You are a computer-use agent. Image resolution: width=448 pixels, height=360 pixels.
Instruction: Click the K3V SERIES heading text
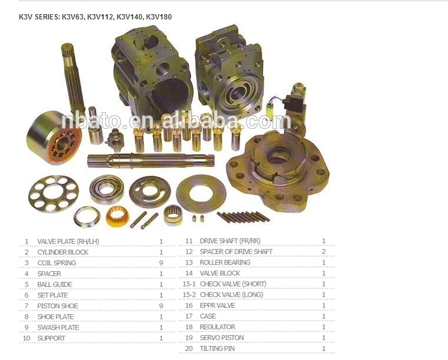96,17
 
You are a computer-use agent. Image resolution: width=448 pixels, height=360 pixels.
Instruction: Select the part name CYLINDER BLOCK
62,252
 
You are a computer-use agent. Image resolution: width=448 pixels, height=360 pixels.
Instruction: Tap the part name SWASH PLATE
58,328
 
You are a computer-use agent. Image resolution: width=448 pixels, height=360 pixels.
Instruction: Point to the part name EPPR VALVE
217,305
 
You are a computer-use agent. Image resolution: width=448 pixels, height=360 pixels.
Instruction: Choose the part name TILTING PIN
218,349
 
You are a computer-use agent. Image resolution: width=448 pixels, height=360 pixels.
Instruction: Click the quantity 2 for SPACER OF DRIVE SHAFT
324,252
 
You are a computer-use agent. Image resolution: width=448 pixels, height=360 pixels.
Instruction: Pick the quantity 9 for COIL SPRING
161,263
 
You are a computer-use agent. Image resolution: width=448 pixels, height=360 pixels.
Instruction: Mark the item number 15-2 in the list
189,295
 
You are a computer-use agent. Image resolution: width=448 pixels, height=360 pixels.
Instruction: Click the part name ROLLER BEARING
225,262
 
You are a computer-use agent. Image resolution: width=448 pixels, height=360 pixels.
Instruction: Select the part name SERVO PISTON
221,338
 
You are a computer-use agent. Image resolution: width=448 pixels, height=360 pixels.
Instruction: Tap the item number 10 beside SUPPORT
26,338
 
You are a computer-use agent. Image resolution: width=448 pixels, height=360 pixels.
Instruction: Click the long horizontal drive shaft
150,159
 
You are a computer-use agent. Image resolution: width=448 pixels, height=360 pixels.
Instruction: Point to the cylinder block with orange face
55,138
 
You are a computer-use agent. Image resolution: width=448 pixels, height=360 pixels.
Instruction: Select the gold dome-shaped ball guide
117,217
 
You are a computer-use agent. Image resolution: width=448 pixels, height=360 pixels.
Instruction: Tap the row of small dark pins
243,217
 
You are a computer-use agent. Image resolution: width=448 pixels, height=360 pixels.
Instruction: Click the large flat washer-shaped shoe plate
201,194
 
